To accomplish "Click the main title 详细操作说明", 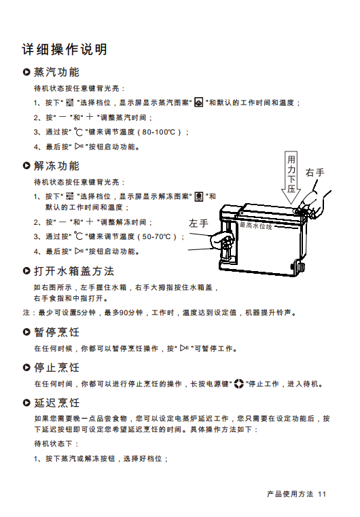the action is pyautogui.click(x=65, y=50).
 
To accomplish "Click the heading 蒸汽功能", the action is pyautogui.click(x=56, y=72).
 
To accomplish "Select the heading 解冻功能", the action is pyautogui.click(x=56, y=166).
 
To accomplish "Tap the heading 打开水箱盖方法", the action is pyautogui.click(x=74, y=271).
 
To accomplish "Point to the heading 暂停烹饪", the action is pyautogui.click(x=56, y=332).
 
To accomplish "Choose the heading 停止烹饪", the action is pyautogui.click(x=56, y=368).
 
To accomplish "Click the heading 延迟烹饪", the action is pyautogui.click(x=56, y=403).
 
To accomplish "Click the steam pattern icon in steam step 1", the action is pyautogui.click(x=198, y=103).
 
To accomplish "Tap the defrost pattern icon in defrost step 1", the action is pyautogui.click(x=198, y=196).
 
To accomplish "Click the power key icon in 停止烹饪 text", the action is pyautogui.click(x=238, y=384).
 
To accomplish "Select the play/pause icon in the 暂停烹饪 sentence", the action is pyautogui.click(x=184, y=349).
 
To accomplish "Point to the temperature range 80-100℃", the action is pyautogui.click(x=159, y=132).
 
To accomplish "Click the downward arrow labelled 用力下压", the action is pyautogui.click(x=291, y=177).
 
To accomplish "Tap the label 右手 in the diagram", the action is pyautogui.click(x=315, y=172).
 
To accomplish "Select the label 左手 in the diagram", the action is pyautogui.click(x=198, y=224).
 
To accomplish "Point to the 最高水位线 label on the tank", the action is pyautogui.click(x=256, y=226).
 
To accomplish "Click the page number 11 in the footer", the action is pyautogui.click(x=322, y=494).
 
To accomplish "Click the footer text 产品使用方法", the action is pyautogui.click(x=290, y=494).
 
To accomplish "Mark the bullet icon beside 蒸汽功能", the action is pyautogui.click(x=26, y=72).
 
